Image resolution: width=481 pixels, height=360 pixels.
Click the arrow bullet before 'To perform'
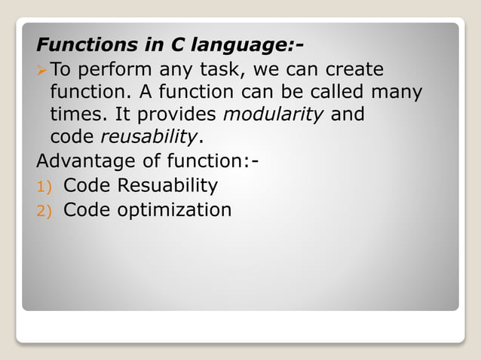(x=41, y=70)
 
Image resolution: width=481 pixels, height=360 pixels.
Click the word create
(x=354, y=70)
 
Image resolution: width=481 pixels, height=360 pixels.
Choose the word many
(x=397, y=93)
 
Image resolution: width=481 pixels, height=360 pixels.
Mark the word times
(x=75, y=115)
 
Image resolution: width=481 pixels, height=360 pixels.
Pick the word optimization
(x=173, y=209)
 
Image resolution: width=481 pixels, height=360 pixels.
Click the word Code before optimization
(x=87, y=209)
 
